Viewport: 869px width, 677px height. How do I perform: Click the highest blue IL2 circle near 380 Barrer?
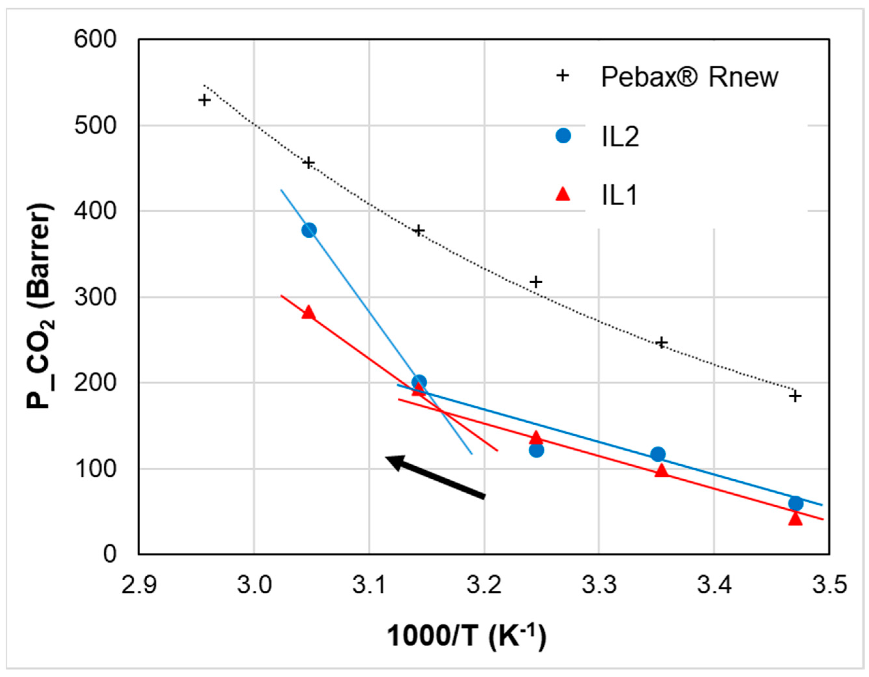click(x=309, y=230)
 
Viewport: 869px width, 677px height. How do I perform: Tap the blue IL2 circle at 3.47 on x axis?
click(x=795, y=504)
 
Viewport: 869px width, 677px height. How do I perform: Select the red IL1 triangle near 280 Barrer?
click(x=309, y=313)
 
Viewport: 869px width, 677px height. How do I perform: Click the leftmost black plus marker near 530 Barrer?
click(x=204, y=100)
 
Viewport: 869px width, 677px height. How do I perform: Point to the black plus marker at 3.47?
click(x=795, y=396)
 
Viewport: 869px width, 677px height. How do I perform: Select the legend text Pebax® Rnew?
click(x=689, y=77)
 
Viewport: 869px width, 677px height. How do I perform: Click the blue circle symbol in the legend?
click(x=563, y=136)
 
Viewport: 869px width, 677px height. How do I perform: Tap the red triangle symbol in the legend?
click(x=563, y=194)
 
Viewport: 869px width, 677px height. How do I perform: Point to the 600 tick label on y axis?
click(x=95, y=39)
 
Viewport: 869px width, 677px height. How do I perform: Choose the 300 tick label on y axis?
click(x=95, y=297)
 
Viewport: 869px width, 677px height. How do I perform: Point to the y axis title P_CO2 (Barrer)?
click(x=40, y=306)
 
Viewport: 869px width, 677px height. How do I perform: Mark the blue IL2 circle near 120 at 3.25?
click(x=536, y=450)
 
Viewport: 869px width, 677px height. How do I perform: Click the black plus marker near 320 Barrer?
click(x=536, y=282)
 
